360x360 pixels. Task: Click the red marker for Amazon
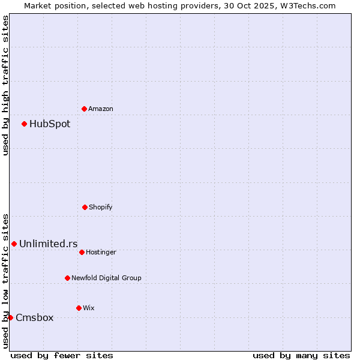coord(84,109)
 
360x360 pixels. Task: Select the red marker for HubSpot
coord(24,124)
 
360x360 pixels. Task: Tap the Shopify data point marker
coord(85,207)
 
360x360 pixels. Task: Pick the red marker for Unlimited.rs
coord(14,244)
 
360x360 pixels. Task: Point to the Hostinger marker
coord(82,252)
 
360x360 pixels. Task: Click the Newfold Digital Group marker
coord(67,278)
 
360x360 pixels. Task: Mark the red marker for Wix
coord(79,308)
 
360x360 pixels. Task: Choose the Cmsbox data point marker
coord(10,317)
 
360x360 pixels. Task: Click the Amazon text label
coord(101,109)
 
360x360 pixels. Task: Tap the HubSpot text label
coord(50,124)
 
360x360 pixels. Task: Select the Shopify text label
coord(101,207)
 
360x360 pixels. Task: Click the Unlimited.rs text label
coord(49,244)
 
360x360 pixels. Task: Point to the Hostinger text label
coord(101,252)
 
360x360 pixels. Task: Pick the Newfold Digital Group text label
coord(107,278)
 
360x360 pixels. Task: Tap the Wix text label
coord(89,308)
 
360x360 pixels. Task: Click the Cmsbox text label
coord(35,318)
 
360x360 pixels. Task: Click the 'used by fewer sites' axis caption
coord(62,355)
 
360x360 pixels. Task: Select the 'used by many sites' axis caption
coord(301,355)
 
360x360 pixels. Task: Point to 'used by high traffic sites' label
coord(5,85)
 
